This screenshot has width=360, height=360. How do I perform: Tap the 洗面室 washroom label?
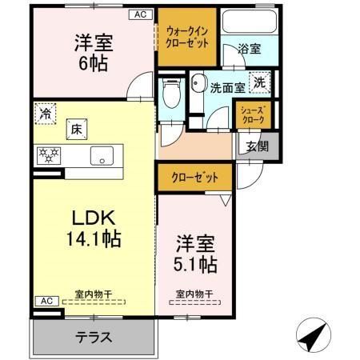(x=227, y=88)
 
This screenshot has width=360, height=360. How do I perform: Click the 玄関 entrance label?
(x=257, y=146)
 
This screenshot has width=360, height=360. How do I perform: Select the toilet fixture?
(x=170, y=95)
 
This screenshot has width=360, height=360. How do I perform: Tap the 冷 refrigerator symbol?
(x=46, y=114)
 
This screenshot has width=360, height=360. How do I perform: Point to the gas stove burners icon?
(x=50, y=154)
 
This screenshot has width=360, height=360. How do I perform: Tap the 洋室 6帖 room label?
(x=91, y=53)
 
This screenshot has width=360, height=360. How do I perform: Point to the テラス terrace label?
(x=94, y=336)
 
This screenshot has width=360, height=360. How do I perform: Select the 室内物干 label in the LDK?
(x=93, y=294)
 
